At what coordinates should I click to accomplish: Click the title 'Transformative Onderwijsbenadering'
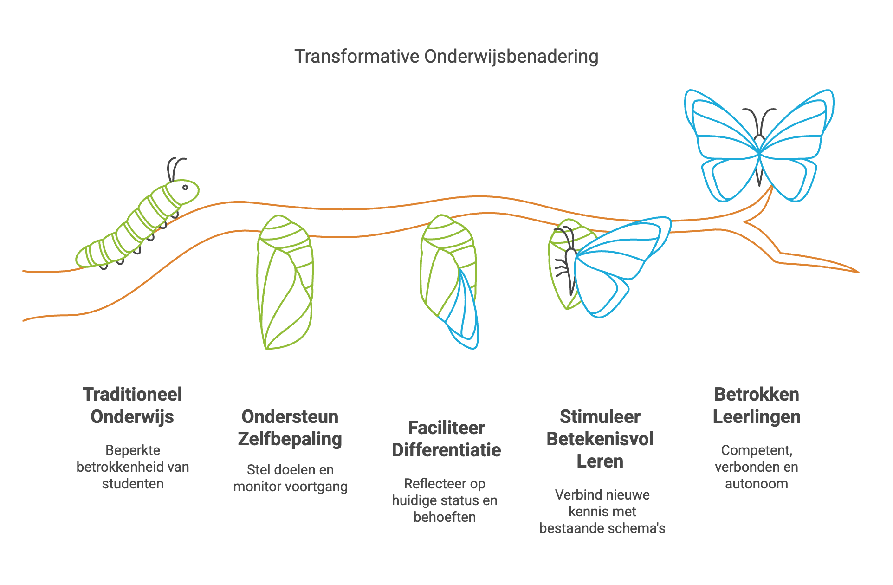click(446, 57)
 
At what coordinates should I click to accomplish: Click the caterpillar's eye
click(185, 188)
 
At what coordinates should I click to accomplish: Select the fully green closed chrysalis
click(285, 282)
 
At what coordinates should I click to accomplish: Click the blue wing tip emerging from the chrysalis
click(467, 316)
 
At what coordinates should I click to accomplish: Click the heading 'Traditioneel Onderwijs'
click(132, 405)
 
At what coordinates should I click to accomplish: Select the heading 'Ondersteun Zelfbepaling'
click(290, 428)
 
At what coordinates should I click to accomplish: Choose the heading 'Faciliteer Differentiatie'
click(446, 439)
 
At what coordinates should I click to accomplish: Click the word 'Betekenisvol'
click(600, 439)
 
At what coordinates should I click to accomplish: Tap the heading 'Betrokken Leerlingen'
click(757, 405)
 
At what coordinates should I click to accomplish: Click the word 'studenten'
click(133, 484)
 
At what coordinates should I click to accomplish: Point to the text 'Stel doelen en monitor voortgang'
click(290, 478)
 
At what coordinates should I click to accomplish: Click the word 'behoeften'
click(445, 517)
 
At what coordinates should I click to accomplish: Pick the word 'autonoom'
click(757, 484)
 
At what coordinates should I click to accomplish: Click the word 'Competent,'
click(757, 450)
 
